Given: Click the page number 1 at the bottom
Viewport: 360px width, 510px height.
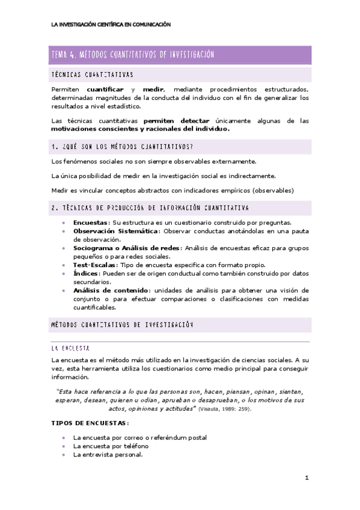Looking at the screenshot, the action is [306, 478].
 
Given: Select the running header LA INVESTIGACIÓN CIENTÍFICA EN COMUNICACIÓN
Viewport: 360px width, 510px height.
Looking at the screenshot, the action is [111, 25].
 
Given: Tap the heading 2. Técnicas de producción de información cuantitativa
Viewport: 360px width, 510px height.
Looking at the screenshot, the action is [150, 207].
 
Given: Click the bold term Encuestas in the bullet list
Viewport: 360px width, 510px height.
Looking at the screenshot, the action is [91, 222].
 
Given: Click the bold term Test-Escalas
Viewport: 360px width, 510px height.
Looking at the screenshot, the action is [95, 265].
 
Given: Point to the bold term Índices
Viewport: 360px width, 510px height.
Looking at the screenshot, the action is [87, 273].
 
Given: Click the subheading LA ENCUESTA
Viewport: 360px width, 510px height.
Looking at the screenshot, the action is [71, 348].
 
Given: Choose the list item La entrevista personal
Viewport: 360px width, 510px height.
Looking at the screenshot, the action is [108, 455].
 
